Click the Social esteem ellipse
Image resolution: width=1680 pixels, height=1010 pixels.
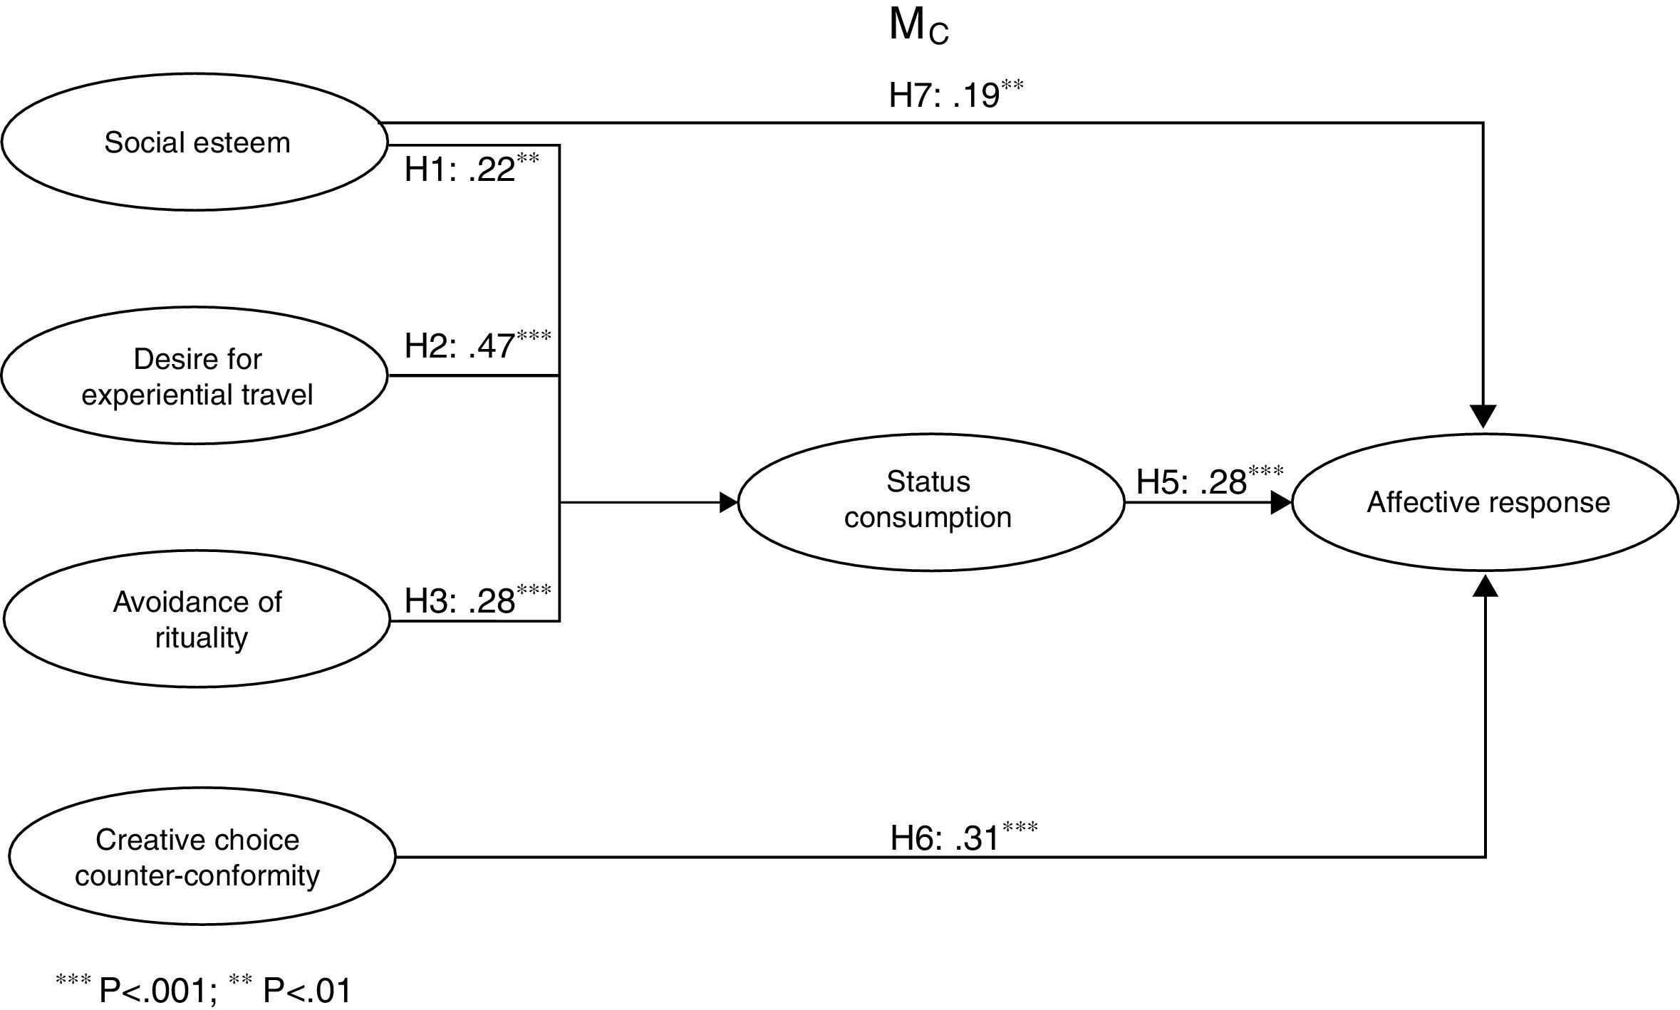[x=195, y=142]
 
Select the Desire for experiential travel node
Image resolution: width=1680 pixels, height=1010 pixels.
[x=195, y=376]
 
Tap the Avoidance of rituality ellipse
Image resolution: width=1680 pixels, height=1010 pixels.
[x=197, y=619]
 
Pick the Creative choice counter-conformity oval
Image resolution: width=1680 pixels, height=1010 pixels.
[x=202, y=857]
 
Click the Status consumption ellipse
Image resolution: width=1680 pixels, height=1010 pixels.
[x=930, y=502]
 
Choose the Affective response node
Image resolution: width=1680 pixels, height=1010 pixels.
[x=1485, y=502]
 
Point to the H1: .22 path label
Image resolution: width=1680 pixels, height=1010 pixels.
[x=471, y=170]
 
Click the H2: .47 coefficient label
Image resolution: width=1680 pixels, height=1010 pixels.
[x=477, y=345]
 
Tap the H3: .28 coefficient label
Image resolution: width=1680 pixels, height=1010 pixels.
[x=477, y=600]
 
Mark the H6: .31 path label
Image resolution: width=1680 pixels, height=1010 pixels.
[x=963, y=837]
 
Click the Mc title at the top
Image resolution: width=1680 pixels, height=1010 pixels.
[x=918, y=27]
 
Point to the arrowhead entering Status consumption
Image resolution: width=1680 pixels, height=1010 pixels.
[x=729, y=502]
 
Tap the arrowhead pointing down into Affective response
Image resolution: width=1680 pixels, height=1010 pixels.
[x=1483, y=417]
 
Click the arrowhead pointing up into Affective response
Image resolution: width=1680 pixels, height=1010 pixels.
[x=1485, y=585]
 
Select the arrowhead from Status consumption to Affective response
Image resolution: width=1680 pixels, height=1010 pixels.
[x=1281, y=503]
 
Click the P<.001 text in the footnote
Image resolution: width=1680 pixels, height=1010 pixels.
[x=157, y=990]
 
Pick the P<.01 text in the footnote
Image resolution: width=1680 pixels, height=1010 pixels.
[x=307, y=990]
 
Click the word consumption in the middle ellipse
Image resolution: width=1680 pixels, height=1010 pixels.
[x=928, y=518]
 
